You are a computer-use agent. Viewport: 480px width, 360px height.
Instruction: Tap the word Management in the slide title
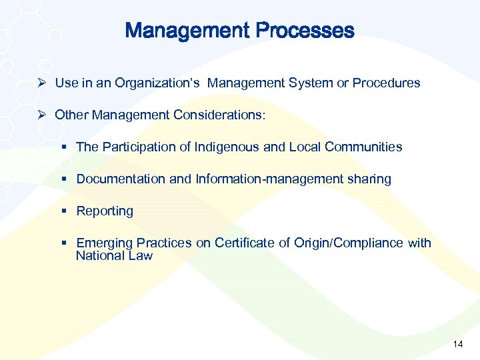click(187, 31)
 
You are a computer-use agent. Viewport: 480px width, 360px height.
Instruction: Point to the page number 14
click(457, 344)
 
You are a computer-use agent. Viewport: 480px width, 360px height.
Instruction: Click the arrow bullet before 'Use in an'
click(43, 83)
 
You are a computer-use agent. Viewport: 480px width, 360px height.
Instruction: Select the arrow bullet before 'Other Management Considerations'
click(43, 115)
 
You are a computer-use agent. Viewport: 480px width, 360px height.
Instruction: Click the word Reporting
click(105, 211)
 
